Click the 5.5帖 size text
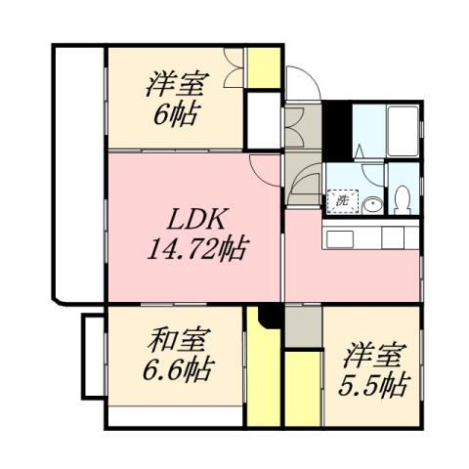[372, 384]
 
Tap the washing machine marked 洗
[342, 200]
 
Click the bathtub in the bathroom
[402, 127]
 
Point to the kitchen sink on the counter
[338, 238]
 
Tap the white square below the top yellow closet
[261, 117]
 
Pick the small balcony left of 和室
[92, 356]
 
